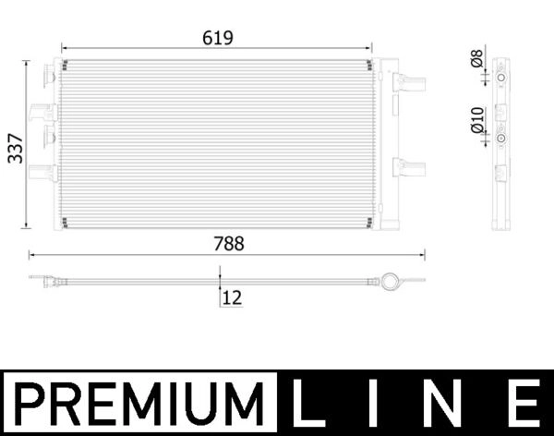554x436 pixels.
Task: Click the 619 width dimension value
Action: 219,38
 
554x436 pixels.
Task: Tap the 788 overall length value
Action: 229,244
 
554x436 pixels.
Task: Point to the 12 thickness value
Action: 232,297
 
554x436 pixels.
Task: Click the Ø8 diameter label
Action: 476,59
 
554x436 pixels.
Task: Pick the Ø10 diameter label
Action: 476,121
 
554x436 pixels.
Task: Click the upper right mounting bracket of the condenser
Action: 407,81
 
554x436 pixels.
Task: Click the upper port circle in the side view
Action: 500,79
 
